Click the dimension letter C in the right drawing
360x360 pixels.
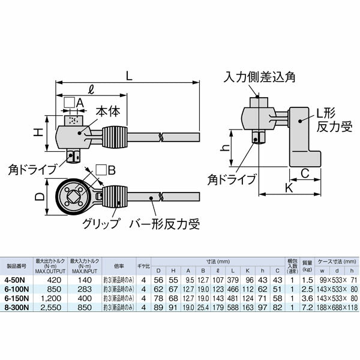point(305,174)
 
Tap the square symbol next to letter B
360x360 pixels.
point(101,170)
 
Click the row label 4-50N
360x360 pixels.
point(14,280)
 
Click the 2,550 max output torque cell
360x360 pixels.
point(50,306)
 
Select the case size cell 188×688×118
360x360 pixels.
point(337,306)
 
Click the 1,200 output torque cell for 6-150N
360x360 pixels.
point(50,298)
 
